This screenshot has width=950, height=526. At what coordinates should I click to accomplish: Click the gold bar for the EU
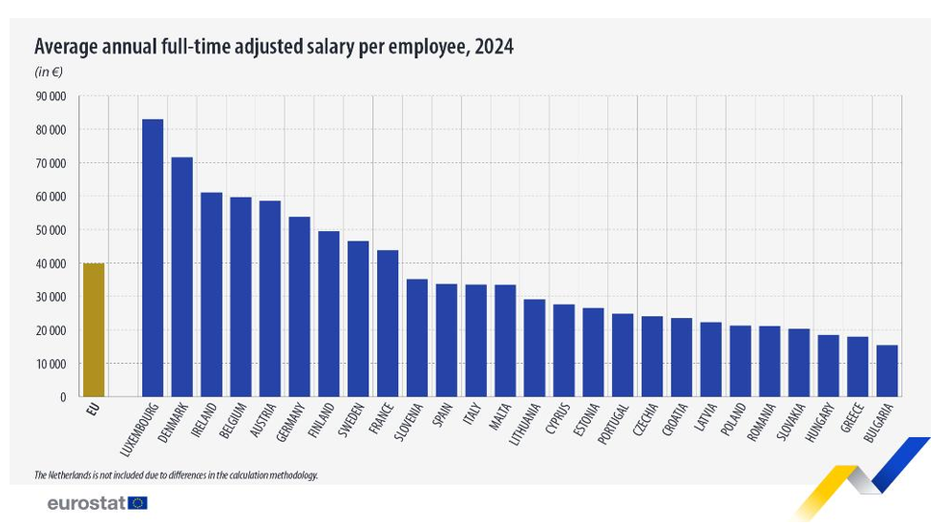pyautogui.click(x=93, y=329)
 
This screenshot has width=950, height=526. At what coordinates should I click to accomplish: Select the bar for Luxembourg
pyautogui.click(x=153, y=258)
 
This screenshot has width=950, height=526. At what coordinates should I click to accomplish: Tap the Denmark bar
pyautogui.click(x=182, y=277)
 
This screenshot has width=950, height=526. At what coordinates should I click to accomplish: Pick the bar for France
pyautogui.click(x=388, y=324)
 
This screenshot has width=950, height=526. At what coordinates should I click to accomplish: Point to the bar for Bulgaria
pyautogui.click(x=886, y=370)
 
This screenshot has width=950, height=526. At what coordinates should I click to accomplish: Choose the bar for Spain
pyautogui.click(x=446, y=340)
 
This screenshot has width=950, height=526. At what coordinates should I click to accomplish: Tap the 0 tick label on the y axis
pyautogui.click(x=62, y=397)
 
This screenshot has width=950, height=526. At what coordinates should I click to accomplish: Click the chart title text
pyautogui.click(x=274, y=47)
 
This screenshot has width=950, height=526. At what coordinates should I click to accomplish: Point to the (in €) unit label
pyautogui.click(x=49, y=72)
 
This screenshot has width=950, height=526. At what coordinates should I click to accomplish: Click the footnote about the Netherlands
pyautogui.click(x=176, y=474)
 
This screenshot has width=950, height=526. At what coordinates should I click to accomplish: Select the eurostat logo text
pyautogui.click(x=86, y=503)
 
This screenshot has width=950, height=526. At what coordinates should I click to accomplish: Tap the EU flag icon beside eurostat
pyautogui.click(x=137, y=503)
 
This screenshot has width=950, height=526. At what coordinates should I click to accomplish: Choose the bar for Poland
pyautogui.click(x=740, y=361)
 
